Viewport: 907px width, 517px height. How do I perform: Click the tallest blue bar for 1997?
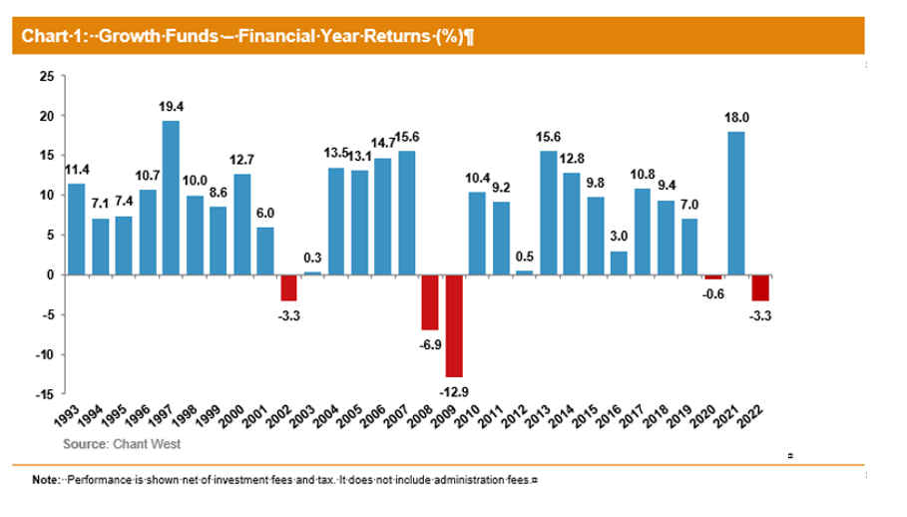coord(171,197)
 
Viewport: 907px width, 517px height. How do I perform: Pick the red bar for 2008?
coord(430,301)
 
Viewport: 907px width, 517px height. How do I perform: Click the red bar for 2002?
coord(288,287)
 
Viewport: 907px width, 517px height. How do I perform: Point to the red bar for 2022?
coord(760,287)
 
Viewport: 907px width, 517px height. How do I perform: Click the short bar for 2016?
coord(619,262)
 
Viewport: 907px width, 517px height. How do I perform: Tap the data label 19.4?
coord(172,104)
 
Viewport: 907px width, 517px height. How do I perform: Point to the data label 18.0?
coord(737,117)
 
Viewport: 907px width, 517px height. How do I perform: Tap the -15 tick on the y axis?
coord(45,394)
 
